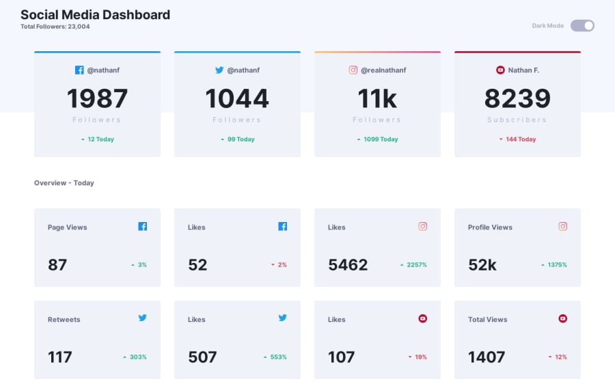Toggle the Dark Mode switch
tap(582, 25)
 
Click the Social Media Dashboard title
tap(95, 14)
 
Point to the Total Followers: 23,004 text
tap(55, 27)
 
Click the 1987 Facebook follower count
tap(97, 98)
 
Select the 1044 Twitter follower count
tap(237, 98)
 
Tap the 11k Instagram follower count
tap(377, 98)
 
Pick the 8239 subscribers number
tap(517, 98)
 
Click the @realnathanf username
tap(383, 70)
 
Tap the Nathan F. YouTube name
tap(523, 70)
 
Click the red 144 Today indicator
tap(517, 139)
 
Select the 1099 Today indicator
tap(377, 139)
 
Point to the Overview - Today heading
tap(64, 183)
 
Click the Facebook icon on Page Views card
tap(142, 226)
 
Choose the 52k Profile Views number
tap(482, 265)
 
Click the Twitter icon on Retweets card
tap(142, 318)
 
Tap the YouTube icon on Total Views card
tap(563, 318)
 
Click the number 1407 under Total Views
tap(487, 357)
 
